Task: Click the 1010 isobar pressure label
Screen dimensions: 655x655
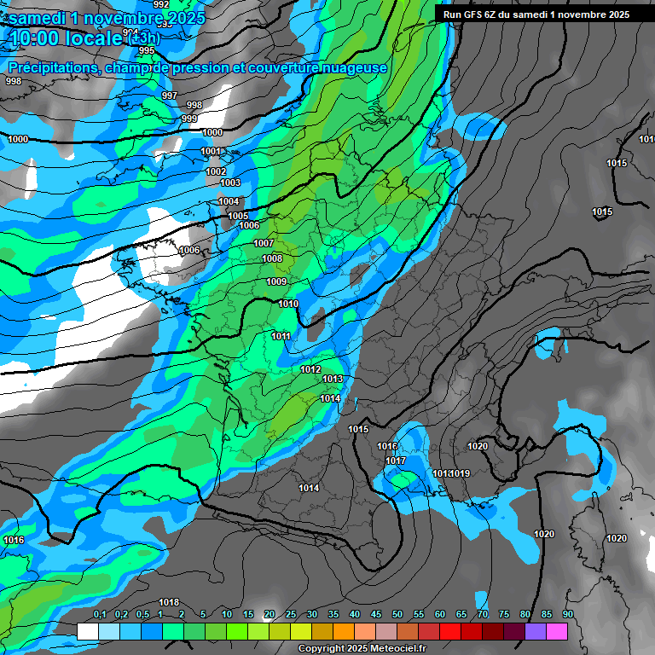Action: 288,304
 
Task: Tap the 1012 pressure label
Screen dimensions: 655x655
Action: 310,369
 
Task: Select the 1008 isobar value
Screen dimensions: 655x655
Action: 272,258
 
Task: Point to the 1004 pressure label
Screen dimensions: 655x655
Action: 229,201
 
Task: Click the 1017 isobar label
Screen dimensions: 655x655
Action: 396,461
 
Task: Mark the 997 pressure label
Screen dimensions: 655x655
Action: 170,96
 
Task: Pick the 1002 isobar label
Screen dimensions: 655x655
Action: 216,171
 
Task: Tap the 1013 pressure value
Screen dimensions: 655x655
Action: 333,379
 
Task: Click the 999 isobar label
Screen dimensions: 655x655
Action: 189,119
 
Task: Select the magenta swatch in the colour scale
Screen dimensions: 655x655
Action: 557,631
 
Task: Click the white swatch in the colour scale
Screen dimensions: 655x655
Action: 88,631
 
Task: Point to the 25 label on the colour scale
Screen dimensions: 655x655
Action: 291,614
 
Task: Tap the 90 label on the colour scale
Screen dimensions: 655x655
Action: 568,614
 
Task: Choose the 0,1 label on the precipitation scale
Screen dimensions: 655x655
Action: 100,614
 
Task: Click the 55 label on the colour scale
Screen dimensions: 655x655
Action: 419,614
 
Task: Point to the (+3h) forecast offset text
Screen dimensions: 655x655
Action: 142,38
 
